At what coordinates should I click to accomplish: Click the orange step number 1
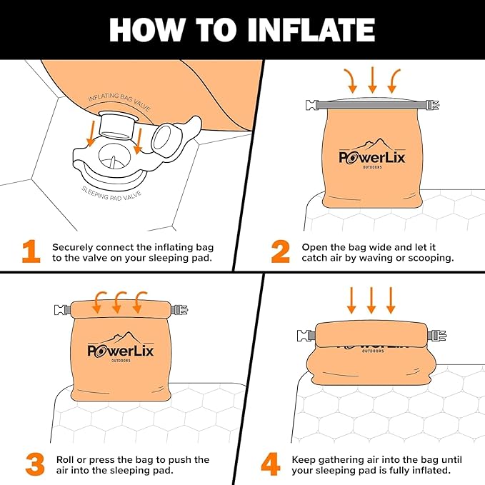coord(31,251)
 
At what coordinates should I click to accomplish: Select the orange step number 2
coord(280,251)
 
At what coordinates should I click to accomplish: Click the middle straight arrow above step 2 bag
coord(372,79)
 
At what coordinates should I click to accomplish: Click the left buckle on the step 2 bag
coord(311,106)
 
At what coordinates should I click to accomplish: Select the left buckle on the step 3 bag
coord(61,309)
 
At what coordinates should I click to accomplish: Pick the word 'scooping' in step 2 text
coord(431,258)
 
